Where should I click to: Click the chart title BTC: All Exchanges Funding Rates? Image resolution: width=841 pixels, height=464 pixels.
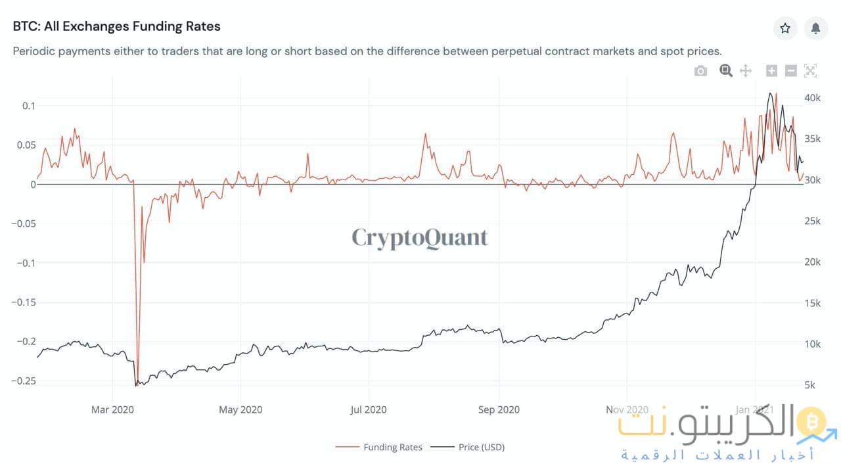pos(116,27)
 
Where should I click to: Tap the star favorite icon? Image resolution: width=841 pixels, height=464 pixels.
pos(784,28)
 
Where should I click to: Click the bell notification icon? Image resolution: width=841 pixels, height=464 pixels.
pos(815,28)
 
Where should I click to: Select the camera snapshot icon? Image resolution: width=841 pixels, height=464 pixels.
pos(700,71)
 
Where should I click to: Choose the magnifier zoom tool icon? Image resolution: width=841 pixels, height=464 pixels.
pos(725,71)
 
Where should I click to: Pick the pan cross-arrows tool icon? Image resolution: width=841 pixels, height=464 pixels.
pos(746,71)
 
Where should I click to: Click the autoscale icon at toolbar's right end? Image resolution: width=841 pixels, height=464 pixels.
pos(810,71)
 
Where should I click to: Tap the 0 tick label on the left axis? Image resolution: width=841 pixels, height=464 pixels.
pos(32,185)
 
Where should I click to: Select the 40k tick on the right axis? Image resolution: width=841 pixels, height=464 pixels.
pos(813,98)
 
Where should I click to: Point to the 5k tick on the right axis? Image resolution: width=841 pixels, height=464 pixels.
pos(810,385)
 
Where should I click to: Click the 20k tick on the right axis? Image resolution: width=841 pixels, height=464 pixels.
pos(813,262)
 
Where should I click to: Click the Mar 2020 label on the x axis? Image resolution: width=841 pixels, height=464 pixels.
pos(112,409)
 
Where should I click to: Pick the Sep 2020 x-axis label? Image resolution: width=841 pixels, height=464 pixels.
pos(499,409)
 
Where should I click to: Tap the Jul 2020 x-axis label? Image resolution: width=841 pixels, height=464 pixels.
pos(369,409)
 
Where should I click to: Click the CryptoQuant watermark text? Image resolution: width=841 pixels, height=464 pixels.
pos(420,237)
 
